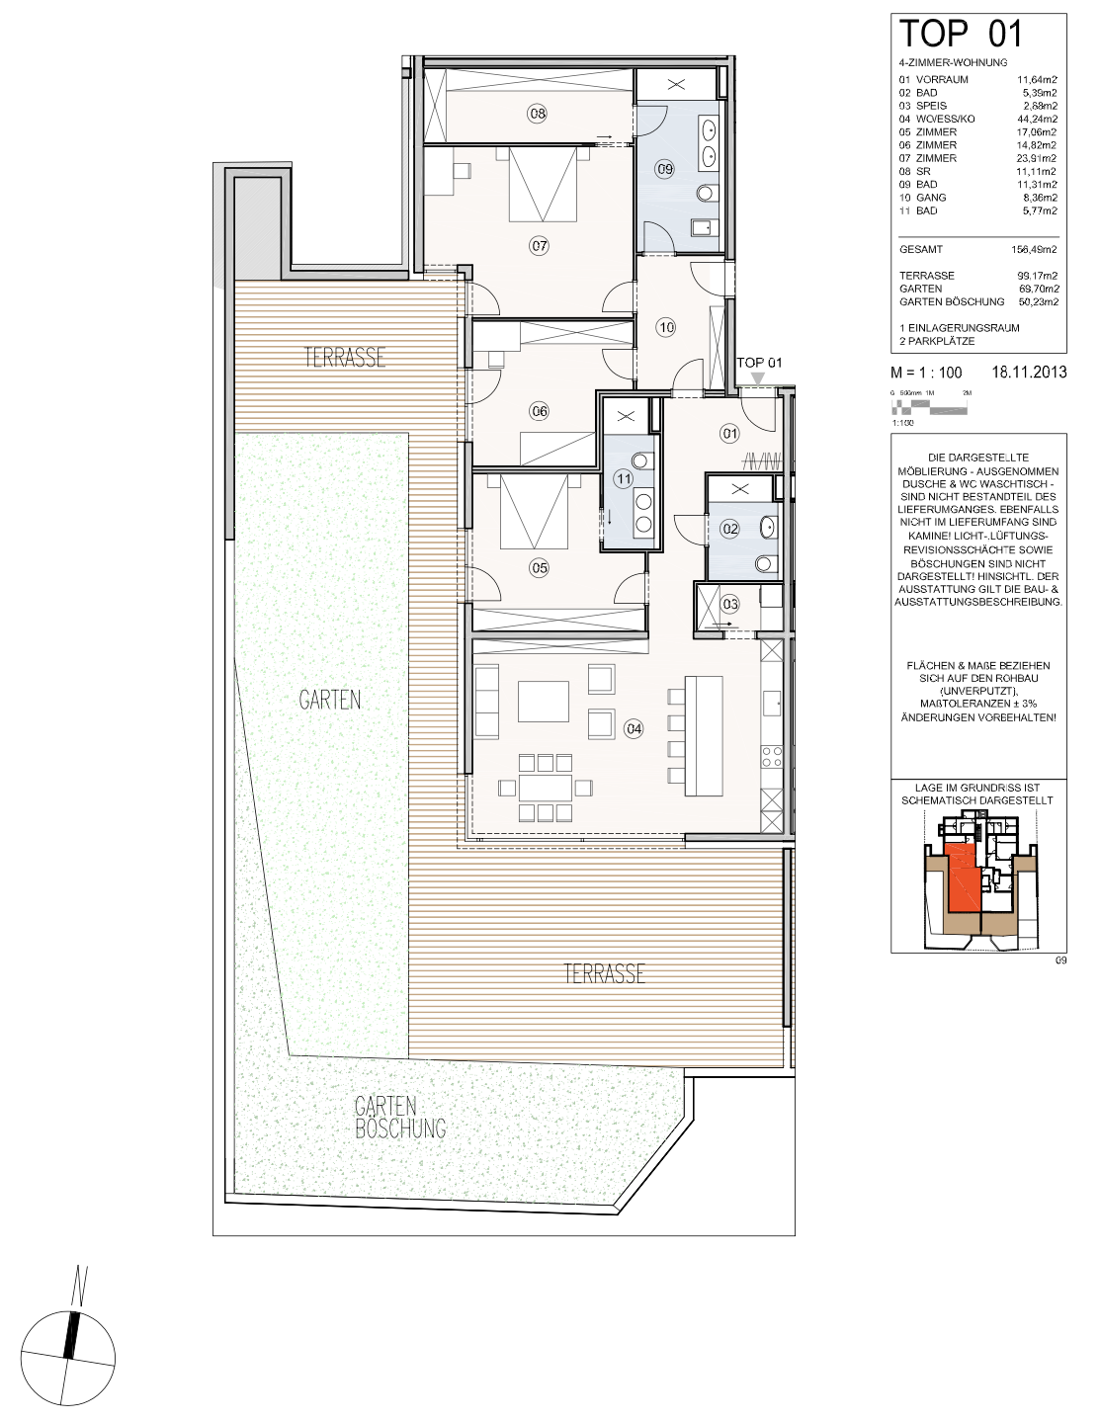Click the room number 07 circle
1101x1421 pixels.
pos(539,246)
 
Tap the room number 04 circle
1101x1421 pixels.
pos(634,728)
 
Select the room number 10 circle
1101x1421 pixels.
pos(665,327)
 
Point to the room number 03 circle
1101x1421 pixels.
pos(729,604)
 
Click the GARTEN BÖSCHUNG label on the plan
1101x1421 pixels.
pos(400,1118)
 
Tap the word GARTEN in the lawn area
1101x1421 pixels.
pos(329,701)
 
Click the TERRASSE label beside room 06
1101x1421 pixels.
pos(345,357)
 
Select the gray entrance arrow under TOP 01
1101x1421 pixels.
pos(758,377)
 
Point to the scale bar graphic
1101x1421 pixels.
pos(929,408)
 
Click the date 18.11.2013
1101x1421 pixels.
pos(1029,373)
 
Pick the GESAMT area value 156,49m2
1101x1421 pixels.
pos(1034,249)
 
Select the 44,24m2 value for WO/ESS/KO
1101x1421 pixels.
pos(1037,119)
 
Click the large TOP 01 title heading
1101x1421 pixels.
pos(960,34)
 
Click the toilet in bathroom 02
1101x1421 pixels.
pos(764,562)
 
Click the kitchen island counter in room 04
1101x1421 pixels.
pos(704,735)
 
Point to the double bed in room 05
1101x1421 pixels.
pos(534,512)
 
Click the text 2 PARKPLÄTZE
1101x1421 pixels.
pos(937,341)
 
